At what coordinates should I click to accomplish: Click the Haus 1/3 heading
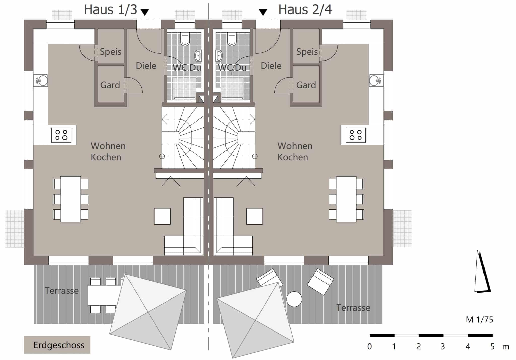[x=110, y=10]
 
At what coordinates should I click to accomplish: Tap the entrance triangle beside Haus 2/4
[x=263, y=12]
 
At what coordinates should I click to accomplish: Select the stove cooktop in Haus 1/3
[x=61, y=135]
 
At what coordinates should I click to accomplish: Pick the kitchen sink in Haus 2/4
[x=376, y=81]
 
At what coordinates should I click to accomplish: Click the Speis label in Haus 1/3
[x=110, y=52]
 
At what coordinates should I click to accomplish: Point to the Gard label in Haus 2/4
[x=306, y=85]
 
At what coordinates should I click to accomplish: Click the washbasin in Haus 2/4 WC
[x=219, y=56]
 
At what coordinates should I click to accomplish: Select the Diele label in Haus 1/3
[x=146, y=66]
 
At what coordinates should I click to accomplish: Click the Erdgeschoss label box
[x=57, y=345]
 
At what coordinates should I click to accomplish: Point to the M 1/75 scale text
[x=479, y=320]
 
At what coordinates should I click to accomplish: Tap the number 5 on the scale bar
[x=492, y=347]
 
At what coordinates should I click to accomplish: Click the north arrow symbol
[x=482, y=272]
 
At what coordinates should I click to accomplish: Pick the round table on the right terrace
[x=294, y=299]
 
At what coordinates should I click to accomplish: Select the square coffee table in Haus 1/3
[x=162, y=216]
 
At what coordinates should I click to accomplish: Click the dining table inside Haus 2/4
[x=346, y=199]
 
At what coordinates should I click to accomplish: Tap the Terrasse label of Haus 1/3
[x=61, y=291]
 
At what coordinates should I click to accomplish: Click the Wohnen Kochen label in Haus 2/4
[x=295, y=151]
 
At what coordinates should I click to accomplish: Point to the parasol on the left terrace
[x=148, y=312]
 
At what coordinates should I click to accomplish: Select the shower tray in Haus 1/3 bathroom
[x=184, y=89]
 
